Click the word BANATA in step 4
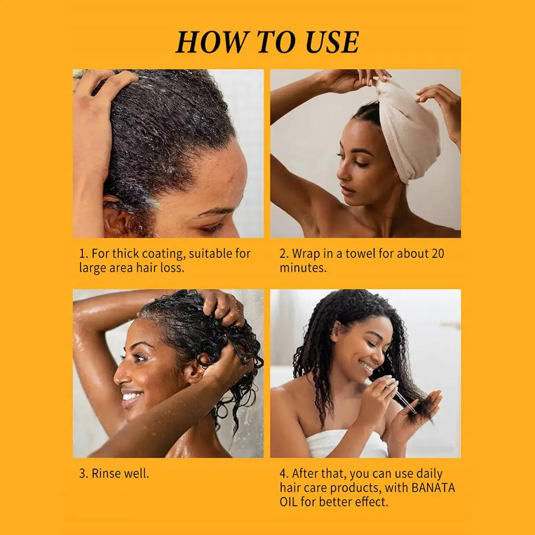[433, 487]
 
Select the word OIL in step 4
[288, 502]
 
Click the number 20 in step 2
[438, 253]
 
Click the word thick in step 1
[126, 253]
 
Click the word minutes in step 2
[303, 267]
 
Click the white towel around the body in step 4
[345, 444]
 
